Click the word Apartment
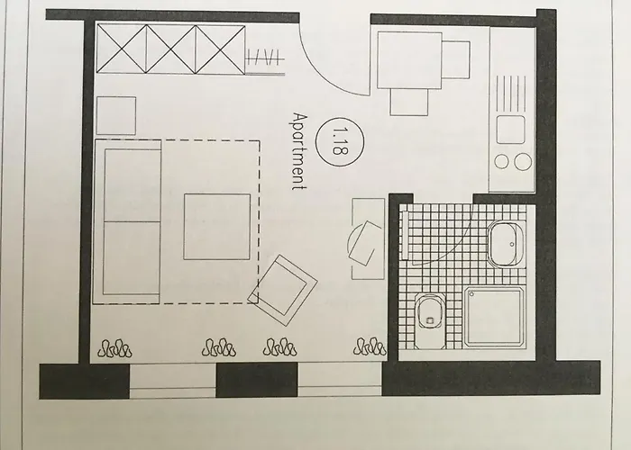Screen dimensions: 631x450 click(300, 151)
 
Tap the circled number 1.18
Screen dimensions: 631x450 click(340, 142)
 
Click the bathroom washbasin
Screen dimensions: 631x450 click(508, 244)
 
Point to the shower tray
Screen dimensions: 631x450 click(495, 317)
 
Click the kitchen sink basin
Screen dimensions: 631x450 click(511, 130)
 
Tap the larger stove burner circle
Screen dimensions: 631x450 click(523, 161)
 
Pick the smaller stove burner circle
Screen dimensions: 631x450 click(502, 161)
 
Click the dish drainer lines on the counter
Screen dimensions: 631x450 click(511, 94)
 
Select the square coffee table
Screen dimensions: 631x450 click(217, 227)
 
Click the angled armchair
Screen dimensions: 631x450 click(282, 290)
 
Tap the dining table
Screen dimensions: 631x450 click(409, 60)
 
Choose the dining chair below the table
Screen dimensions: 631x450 click(409, 102)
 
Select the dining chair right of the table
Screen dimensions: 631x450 click(456, 59)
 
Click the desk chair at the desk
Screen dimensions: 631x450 click(364, 243)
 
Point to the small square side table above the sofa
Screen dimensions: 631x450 click(116, 115)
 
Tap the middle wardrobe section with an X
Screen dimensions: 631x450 click(171, 49)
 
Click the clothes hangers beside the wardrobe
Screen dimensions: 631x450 click(265, 57)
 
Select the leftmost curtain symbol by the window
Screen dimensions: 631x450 click(114, 348)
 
